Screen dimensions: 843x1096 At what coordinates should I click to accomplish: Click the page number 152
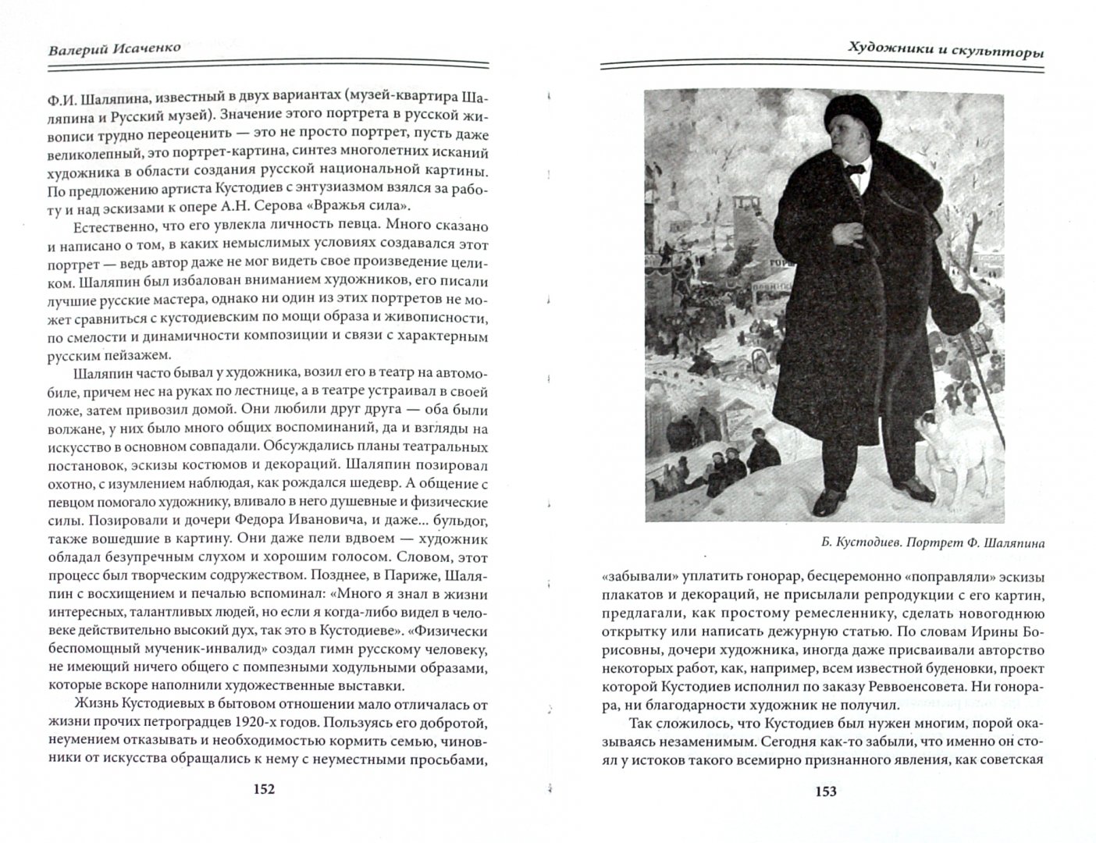(x=263, y=789)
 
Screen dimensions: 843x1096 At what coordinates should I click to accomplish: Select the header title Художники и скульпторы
(x=946, y=49)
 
